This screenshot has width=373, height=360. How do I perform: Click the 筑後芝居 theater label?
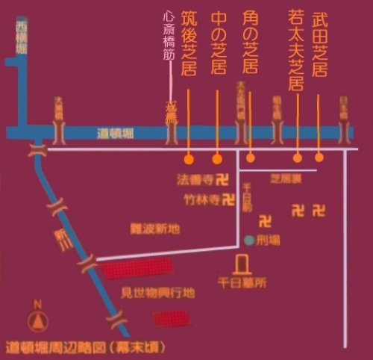click(x=189, y=47)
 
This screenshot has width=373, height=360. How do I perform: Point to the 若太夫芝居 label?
click(x=297, y=49)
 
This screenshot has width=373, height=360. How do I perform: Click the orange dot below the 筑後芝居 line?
click(x=189, y=159)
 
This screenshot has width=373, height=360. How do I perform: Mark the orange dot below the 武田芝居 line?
click(x=319, y=158)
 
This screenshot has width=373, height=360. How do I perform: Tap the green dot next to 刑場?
click(x=248, y=240)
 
